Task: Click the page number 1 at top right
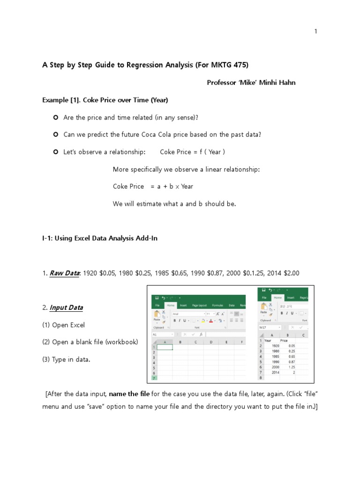316,31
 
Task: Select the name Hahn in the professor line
286,82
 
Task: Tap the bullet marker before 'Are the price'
55,117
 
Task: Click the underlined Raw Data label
65,273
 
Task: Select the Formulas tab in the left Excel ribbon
217,305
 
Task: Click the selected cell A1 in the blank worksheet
164,347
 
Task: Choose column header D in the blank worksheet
210,342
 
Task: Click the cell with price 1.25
291,367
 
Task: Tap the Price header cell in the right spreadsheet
285,341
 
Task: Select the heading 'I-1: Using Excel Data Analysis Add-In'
100,238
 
